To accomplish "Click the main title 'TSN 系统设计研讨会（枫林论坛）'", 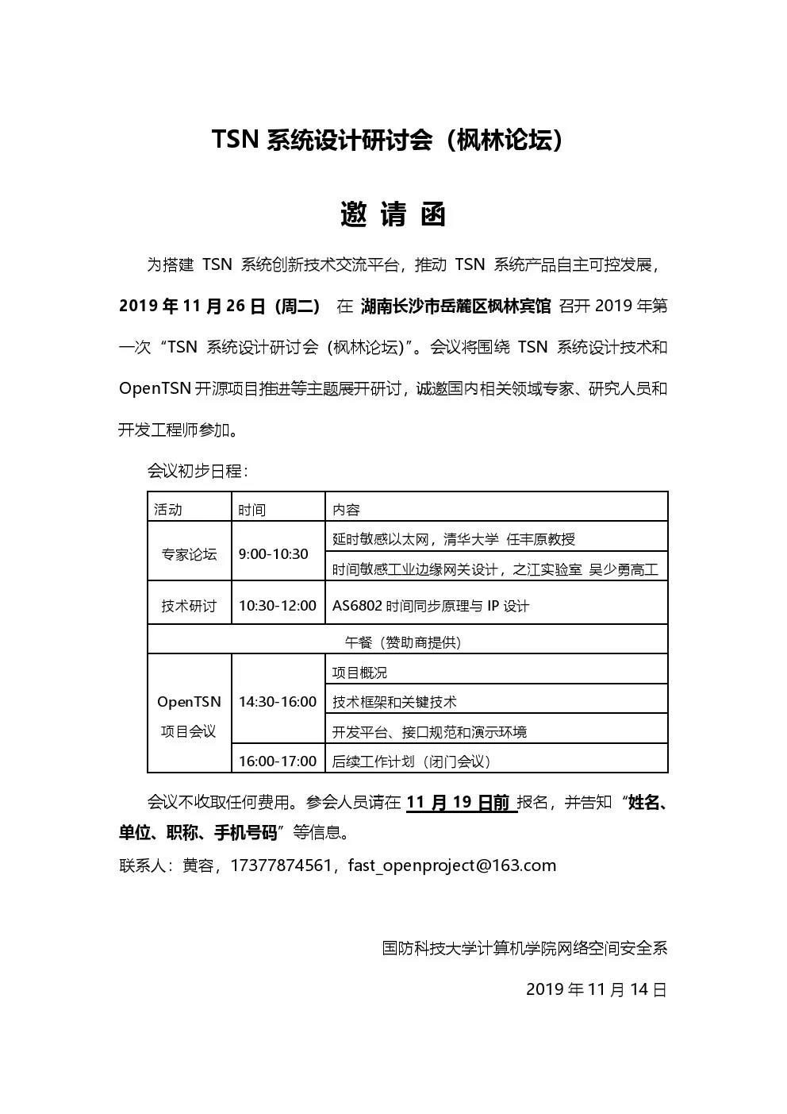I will click(392, 141).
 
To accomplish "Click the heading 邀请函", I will click(393, 214).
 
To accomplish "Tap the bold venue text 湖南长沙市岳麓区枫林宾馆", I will click(455, 306).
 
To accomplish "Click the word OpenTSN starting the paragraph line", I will click(155, 388).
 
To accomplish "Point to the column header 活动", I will click(168, 509).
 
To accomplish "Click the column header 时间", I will click(252, 509).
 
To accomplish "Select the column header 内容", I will click(346, 509).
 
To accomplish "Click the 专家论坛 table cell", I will click(189, 553).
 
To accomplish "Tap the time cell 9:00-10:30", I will click(274, 553).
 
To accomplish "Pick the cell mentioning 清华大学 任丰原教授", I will click(454, 539).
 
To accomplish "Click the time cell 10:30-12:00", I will click(278, 606).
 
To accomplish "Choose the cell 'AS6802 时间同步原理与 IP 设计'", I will click(431, 606).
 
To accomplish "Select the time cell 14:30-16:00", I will click(278, 702).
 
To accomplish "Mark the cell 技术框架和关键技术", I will click(394, 702).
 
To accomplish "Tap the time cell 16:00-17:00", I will click(278, 761).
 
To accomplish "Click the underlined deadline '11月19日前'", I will click(459, 802).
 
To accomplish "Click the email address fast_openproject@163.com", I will click(452, 865).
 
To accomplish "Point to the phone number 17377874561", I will click(281, 865).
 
